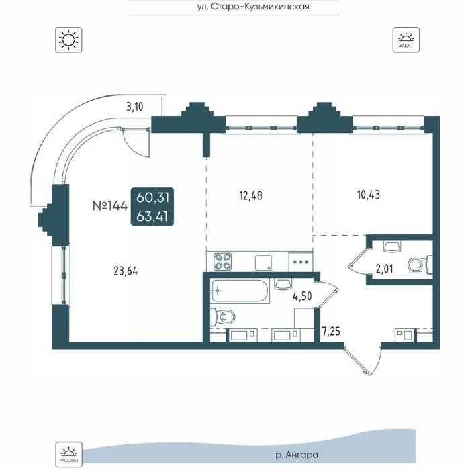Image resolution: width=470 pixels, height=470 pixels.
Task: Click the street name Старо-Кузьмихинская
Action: [x=260, y=7]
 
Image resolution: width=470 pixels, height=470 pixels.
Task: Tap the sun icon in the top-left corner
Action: [x=68, y=40]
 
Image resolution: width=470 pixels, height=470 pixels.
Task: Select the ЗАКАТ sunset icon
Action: [x=406, y=40]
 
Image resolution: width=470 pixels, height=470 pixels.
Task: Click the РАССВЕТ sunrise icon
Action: [x=68, y=455]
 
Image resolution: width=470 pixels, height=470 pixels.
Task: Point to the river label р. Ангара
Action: [x=297, y=455]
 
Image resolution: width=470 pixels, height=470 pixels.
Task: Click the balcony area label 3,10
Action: [x=134, y=107]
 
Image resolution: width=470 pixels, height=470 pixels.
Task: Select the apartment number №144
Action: [x=110, y=206]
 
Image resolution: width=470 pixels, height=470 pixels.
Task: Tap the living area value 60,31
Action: [x=152, y=197]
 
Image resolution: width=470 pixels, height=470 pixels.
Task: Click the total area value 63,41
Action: [x=152, y=216]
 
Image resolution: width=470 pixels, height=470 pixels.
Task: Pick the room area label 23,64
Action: [x=126, y=271]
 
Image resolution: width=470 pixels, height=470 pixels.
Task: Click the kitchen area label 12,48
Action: [x=250, y=196]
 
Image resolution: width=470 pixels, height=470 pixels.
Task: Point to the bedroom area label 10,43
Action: [x=369, y=195]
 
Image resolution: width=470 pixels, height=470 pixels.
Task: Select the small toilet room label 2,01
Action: [x=384, y=269]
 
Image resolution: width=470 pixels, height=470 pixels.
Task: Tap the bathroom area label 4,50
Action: [x=302, y=297]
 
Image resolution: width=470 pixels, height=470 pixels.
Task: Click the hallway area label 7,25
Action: [x=331, y=332]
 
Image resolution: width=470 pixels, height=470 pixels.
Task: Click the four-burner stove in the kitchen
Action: [x=222, y=261]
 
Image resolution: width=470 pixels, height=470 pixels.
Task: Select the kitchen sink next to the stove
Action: [x=263, y=263]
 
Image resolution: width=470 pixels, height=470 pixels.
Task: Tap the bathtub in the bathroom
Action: [x=240, y=291]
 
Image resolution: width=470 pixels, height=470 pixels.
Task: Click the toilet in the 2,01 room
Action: [x=420, y=265]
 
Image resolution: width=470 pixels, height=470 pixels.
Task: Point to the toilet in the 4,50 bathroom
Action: [x=222, y=317]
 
